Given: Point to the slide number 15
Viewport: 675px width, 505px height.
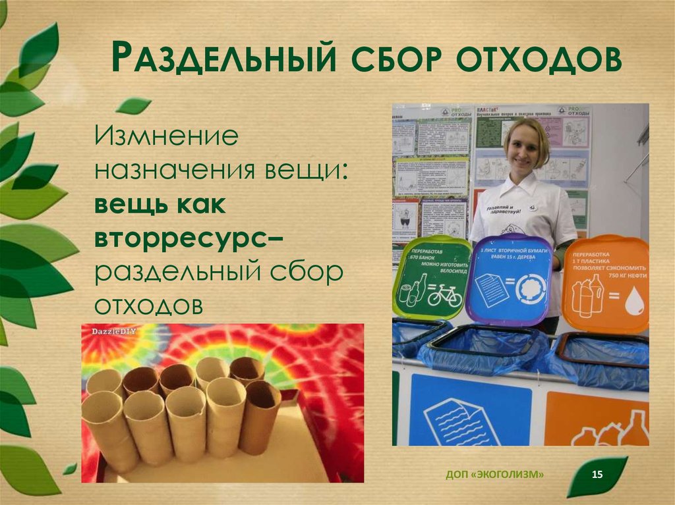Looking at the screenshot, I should [599, 475].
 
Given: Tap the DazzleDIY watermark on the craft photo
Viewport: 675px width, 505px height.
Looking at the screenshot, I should [109, 331].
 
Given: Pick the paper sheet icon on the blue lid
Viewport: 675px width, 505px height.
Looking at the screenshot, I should [492, 288].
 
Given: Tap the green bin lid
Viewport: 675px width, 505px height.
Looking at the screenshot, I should [432, 277].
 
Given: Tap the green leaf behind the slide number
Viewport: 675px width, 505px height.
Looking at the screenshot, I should [597, 475].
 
